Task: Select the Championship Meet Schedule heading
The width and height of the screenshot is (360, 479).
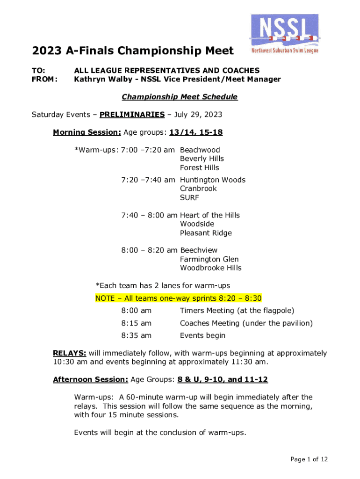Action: tap(180, 97)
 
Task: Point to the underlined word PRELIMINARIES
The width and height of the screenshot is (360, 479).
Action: tap(132, 115)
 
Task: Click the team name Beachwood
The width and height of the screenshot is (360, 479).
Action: tap(200, 150)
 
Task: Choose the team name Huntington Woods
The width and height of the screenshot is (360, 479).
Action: tap(212, 180)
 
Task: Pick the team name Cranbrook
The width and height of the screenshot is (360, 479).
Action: tap(198, 189)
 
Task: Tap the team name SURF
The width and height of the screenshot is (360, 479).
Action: tap(189, 197)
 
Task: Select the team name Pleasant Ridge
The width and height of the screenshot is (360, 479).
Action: tap(205, 233)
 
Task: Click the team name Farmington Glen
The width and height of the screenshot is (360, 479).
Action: tap(209, 259)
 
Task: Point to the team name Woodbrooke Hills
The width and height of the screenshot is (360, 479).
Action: tap(210, 268)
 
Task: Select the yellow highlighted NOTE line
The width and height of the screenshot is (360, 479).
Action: tap(178, 298)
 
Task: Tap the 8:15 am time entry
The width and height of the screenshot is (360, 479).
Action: tap(137, 323)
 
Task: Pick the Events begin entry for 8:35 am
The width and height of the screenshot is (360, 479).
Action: tap(202, 335)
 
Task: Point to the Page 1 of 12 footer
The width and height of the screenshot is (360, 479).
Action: tap(309, 459)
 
